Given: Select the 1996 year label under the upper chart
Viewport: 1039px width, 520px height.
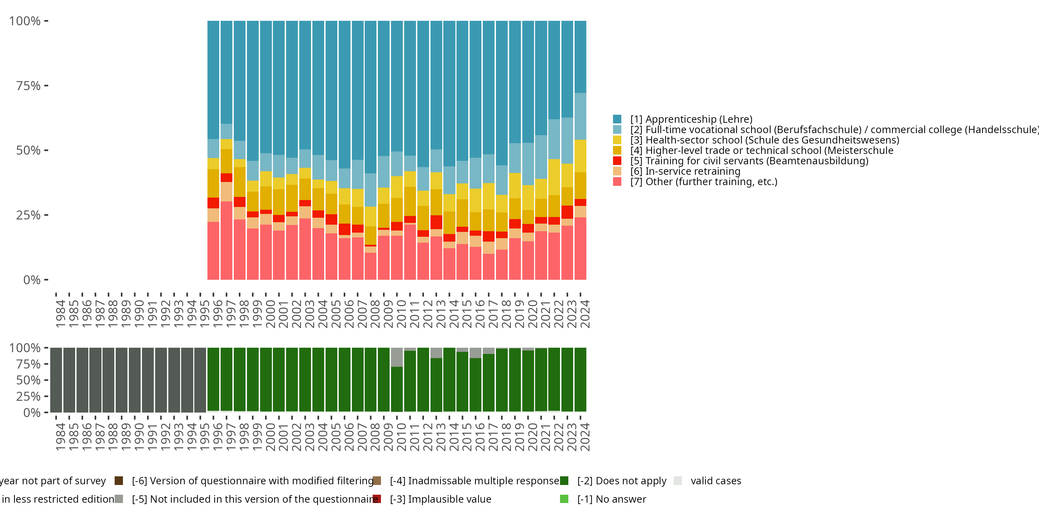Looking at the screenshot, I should (218, 314).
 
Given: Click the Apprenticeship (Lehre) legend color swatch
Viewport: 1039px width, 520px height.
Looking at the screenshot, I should (617, 119).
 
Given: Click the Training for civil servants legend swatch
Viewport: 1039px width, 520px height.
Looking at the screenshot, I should (617, 161).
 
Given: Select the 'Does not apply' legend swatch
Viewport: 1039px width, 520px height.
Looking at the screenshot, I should (564, 480).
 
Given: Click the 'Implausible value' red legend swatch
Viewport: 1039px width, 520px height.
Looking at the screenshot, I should (377, 499).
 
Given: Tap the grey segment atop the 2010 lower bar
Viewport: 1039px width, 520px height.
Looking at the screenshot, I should (397, 357).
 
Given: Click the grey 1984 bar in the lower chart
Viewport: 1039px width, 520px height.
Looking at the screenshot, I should (56, 380).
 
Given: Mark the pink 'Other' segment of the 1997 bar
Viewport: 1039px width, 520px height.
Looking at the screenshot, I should (226, 240).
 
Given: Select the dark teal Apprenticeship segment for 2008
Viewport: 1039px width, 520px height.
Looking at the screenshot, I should (371, 97).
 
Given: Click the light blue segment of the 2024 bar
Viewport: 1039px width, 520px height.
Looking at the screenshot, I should (580, 116).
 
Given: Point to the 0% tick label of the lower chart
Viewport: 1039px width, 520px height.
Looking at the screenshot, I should (32, 413).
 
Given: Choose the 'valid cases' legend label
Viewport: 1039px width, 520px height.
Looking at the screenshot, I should (716, 480).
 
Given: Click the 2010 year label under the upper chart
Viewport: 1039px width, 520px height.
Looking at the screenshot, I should (401, 314).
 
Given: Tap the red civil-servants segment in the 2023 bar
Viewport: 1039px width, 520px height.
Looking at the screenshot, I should (567, 212).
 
